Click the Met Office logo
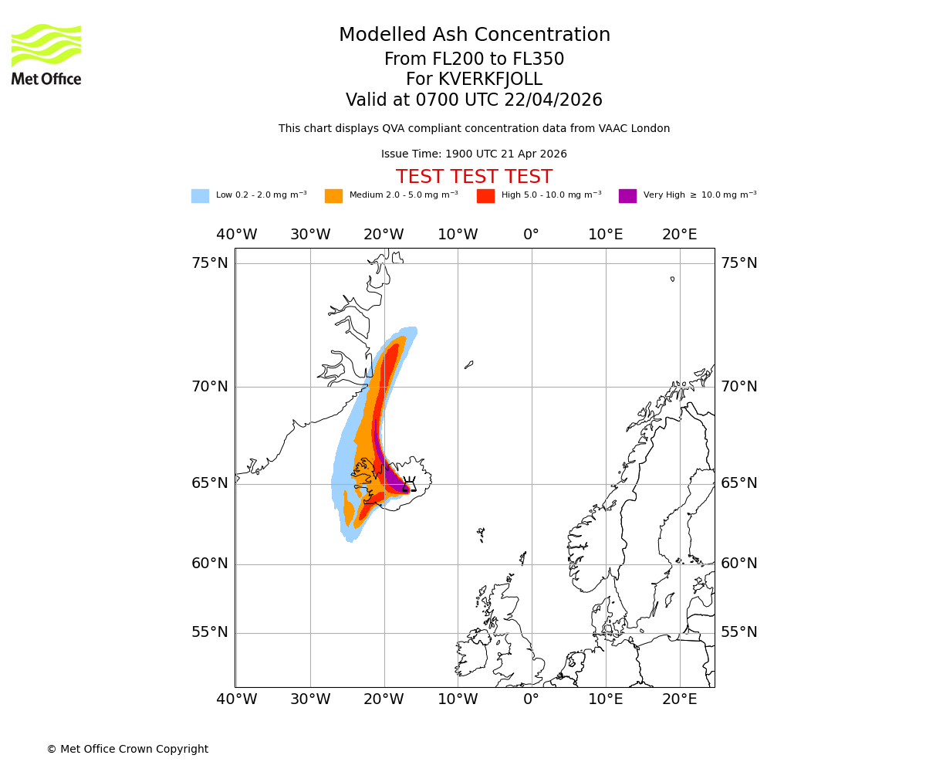46,54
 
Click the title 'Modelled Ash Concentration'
474,36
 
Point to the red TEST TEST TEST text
474,177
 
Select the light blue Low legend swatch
200,196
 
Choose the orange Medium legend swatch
333,196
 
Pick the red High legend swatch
485,196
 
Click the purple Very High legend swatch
627,196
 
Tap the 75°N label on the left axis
210,263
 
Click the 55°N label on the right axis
739,632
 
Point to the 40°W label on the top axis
236,235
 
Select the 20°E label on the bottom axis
679,699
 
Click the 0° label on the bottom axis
531,699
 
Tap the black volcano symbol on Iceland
409,483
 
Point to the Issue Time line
474,154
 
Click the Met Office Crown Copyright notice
127,749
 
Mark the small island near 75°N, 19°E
672,279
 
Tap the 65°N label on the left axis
210,483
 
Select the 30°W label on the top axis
310,235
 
